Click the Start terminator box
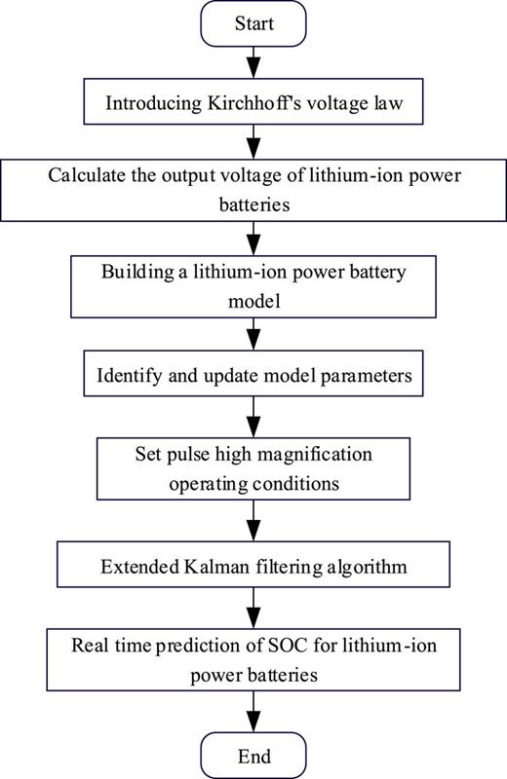[253, 23]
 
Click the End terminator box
[253, 756]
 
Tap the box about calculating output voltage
[253, 190]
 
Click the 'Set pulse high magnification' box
[253, 466]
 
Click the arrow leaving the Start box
[253, 63]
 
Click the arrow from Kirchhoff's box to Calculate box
[253, 141]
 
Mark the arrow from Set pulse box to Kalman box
[253, 516]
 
